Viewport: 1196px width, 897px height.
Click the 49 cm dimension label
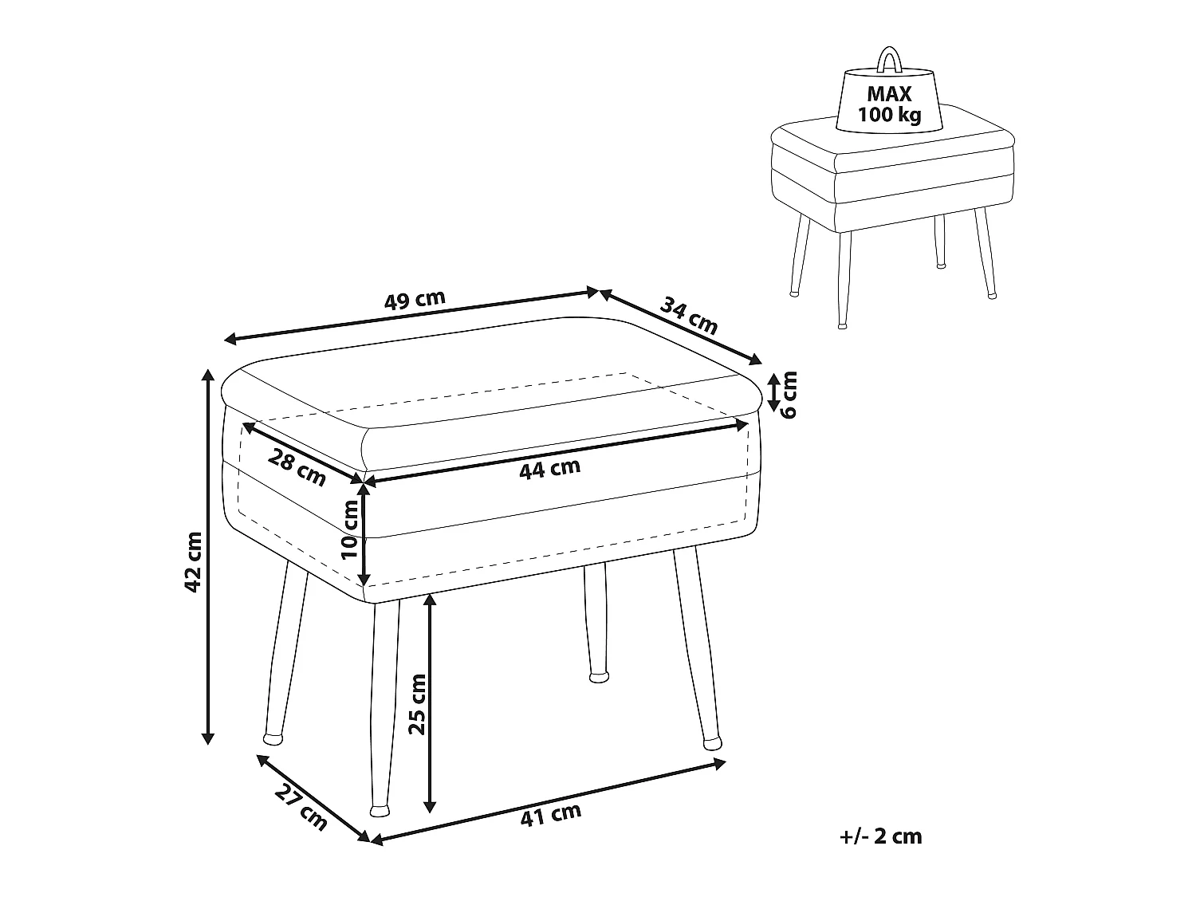[415, 300]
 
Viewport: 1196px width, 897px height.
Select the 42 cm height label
[194, 561]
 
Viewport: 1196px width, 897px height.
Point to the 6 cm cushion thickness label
[789, 395]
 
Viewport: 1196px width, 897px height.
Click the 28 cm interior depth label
[297, 468]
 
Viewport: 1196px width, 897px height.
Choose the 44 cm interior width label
[550, 469]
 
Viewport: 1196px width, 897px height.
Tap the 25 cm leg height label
[417, 704]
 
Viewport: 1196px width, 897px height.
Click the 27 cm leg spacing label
[301, 806]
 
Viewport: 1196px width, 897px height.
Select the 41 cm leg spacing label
[551, 815]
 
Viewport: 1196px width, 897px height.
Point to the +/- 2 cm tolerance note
[881, 836]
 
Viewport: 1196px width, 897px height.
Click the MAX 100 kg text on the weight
[889, 104]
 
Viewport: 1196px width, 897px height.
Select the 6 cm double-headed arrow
[773, 392]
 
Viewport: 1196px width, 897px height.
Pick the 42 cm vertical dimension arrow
[207, 556]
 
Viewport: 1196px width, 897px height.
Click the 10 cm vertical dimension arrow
[364, 536]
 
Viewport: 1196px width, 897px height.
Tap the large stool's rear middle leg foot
[599, 677]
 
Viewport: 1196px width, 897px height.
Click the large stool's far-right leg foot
[712, 743]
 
